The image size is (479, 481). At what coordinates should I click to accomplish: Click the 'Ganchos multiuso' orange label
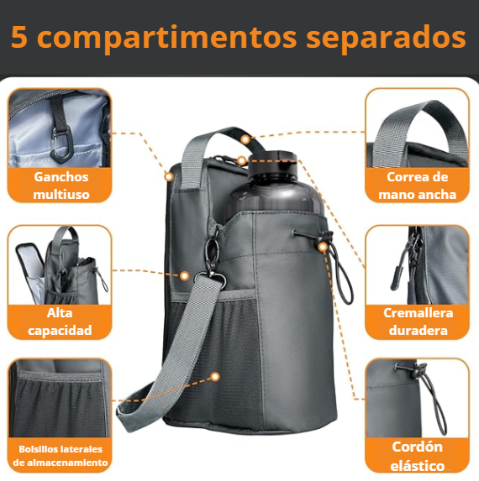[x=61, y=186]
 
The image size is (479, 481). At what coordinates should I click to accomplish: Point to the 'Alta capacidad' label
[x=60, y=322]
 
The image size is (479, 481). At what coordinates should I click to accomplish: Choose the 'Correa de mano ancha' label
[x=418, y=186]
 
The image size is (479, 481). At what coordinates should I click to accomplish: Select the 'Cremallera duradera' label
[x=418, y=322]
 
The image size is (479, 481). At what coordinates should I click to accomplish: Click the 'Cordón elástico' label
[x=418, y=457]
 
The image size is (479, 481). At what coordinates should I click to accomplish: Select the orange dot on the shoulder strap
[x=215, y=378]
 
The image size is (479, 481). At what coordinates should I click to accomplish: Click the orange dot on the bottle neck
[x=242, y=159]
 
